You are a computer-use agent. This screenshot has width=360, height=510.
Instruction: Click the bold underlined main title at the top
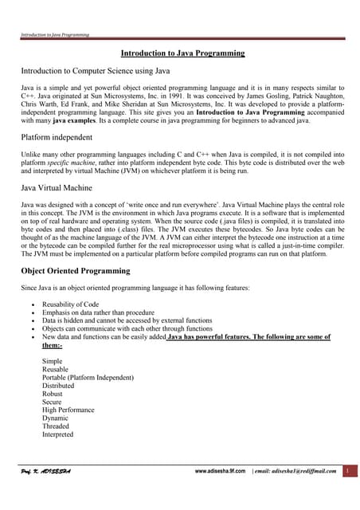click(182, 53)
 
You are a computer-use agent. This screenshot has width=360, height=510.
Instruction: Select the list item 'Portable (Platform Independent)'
click(88, 378)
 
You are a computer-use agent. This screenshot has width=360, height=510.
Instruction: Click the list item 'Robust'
click(53, 394)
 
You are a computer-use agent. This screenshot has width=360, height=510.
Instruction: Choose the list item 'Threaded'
click(56, 426)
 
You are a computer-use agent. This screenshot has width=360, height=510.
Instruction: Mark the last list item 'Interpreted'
click(57, 434)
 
